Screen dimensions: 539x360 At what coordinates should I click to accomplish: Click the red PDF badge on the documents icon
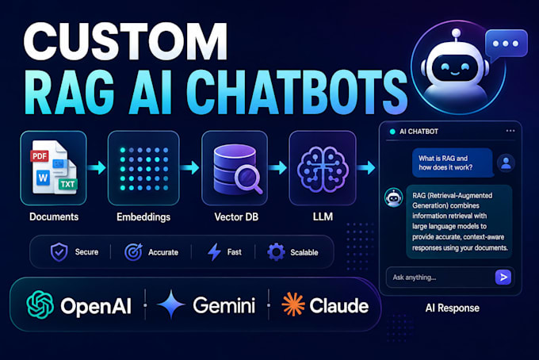pyautogui.click(x=39, y=156)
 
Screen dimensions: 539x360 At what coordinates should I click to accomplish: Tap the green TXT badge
pyautogui.click(x=67, y=184)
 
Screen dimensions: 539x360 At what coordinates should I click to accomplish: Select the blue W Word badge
pyautogui.click(x=44, y=178)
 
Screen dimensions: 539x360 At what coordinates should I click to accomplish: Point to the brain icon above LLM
pyautogui.click(x=323, y=169)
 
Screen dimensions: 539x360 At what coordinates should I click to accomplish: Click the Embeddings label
pyautogui.click(x=143, y=217)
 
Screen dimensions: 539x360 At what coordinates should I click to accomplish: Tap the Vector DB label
pyautogui.click(x=236, y=217)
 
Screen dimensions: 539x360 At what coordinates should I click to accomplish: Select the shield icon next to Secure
pyautogui.click(x=59, y=252)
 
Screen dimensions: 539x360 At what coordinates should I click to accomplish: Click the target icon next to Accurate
pyautogui.click(x=133, y=252)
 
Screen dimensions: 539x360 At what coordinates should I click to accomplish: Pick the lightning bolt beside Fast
pyautogui.click(x=214, y=252)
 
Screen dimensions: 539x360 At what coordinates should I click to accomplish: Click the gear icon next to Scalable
pyautogui.click(x=276, y=252)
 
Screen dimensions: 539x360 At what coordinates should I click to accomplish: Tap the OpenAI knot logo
pyautogui.click(x=40, y=304)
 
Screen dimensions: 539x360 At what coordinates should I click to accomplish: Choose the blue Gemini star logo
pyautogui.click(x=171, y=304)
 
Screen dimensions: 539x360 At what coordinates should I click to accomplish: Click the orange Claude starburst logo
pyautogui.click(x=292, y=304)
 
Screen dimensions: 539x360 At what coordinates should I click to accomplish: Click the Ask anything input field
pyautogui.click(x=439, y=277)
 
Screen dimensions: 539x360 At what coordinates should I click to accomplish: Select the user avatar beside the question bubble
pyautogui.click(x=506, y=163)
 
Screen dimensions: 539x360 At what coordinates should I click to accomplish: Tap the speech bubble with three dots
pyautogui.click(x=506, y=44)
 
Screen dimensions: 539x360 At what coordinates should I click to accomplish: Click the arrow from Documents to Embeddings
pyautogui.click(x=97, y=167)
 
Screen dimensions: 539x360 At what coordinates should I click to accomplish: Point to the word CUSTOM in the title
pyautogui.click(x=125, y=42)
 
